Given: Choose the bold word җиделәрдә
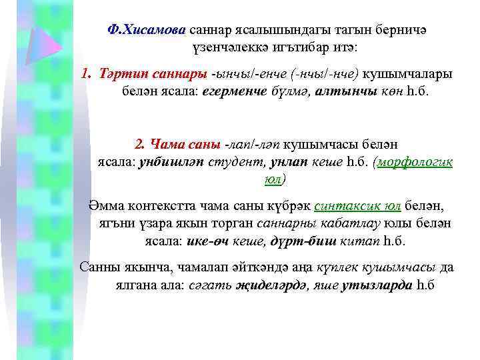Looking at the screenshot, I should click(259, 285).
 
